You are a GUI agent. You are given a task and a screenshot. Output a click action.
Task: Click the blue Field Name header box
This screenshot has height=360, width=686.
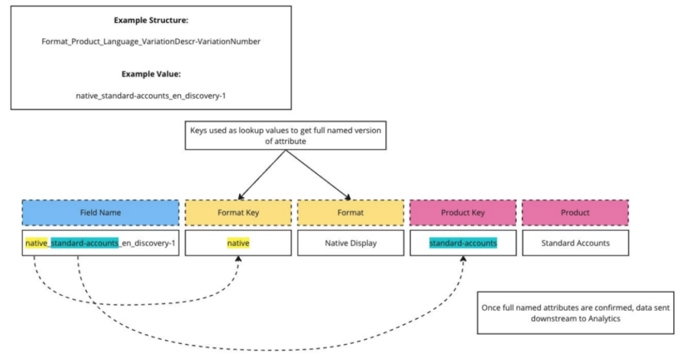tap(100, 212)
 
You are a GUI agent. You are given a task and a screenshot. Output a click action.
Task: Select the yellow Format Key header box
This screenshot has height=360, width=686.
tap(238, 212)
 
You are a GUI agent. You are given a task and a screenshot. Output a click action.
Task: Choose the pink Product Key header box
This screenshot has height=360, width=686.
tap(463, 212)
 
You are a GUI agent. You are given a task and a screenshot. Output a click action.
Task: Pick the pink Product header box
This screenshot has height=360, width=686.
tap(575, 212)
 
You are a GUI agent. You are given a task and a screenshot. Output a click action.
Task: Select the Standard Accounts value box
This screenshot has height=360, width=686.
tap(575, 243)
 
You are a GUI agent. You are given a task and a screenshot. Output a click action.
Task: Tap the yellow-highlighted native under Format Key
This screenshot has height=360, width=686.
tap(238, 243)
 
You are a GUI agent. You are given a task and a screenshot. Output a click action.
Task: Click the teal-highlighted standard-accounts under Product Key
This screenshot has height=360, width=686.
tap(463, 243)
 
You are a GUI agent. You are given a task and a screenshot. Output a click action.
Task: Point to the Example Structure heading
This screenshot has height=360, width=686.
tap(151, 21)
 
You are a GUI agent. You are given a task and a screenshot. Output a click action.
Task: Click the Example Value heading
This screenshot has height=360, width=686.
tap(151, 74)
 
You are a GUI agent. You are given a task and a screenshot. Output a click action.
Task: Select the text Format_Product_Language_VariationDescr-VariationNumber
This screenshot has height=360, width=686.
tap(151, 42)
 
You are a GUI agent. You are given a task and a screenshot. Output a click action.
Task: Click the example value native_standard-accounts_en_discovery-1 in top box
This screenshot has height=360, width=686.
tap(151, 95)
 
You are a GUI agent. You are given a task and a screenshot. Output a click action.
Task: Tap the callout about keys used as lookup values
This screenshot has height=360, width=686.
tap(285, 135)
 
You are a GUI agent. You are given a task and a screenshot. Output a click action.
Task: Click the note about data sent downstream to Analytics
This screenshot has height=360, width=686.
tap(575, 312)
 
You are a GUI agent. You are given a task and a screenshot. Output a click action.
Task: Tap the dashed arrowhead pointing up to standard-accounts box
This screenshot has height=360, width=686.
tap(464, 259)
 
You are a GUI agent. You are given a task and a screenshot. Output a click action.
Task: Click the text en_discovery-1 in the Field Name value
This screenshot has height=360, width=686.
tap(149, 243)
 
